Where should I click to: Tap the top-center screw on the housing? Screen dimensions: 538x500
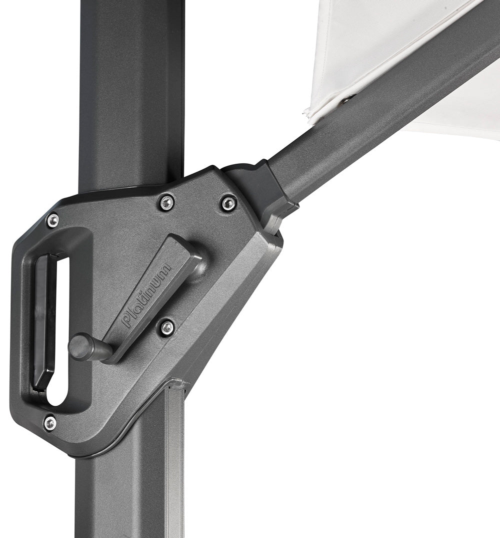(x=166, y=202)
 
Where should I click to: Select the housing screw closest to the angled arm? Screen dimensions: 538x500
(x=227, y=203)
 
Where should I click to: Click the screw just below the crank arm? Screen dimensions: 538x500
(x=167, y=327)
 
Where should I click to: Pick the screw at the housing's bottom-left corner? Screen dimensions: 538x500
(x=49, y=423)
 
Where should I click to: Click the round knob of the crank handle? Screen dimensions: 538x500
(x=80, y=346)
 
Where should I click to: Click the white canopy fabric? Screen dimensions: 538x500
(x=380, y=40)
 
